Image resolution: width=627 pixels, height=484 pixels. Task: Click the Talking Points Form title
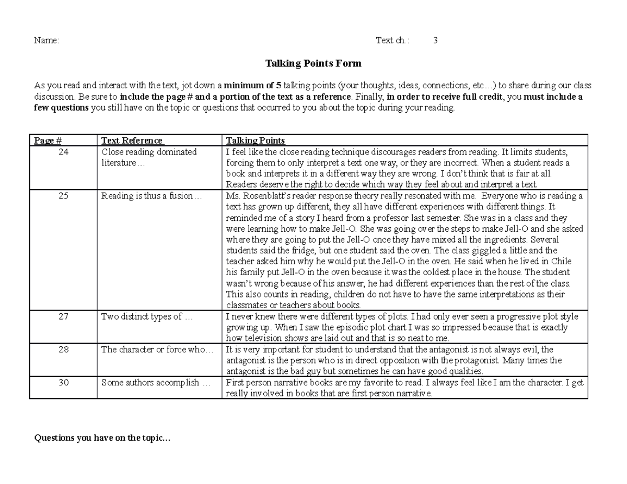(x=313, y=64)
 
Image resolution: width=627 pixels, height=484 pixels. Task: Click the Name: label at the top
(x=47, y=41)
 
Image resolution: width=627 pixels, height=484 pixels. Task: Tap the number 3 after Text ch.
(x=435, y=41)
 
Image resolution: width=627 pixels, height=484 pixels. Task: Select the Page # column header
(x=48, y=140)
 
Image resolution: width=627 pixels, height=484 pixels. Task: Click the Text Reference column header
(x=133, y=140)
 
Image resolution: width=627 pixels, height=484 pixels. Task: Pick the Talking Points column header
(x=255, y=140)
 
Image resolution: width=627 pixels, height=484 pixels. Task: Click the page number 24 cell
(x=63, y=152)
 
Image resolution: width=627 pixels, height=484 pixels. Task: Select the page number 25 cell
(x=63, y=196)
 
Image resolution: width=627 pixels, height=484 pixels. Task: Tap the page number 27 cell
(x=63, y=316)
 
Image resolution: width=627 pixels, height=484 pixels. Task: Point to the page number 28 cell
(x=63, y=350)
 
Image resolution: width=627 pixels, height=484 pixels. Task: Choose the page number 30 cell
(x=63, y=383)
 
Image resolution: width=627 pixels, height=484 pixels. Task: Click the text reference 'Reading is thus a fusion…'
(x=151, y=196)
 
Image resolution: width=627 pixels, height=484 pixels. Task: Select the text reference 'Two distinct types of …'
(x=147, y=316)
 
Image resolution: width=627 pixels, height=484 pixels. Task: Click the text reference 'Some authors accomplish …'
(x=156, y=383)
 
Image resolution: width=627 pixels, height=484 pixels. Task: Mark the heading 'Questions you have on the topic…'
(x=102, y=439)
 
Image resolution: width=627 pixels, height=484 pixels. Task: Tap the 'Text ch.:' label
(x=393, y=41)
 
